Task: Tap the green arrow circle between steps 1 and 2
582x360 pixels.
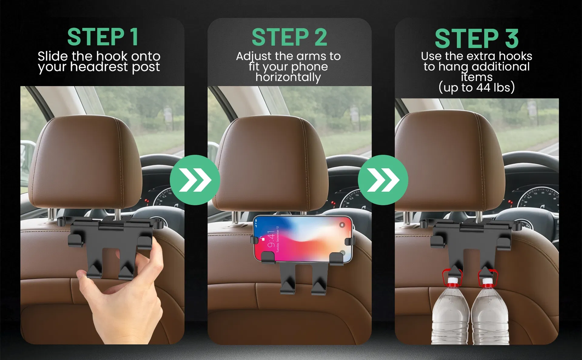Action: click(x=195, y=180)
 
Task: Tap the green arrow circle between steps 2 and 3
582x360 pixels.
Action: click(x=383, y=180)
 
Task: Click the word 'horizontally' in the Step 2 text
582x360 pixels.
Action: click(x=288, y=77)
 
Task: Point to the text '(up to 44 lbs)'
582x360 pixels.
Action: click(x=476, y=88)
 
